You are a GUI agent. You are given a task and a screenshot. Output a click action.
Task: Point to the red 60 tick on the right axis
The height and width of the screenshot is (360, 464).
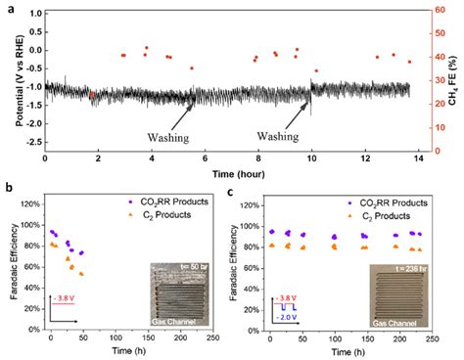(439, 13)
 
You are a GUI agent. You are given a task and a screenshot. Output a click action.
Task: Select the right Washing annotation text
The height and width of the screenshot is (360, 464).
(284, 138)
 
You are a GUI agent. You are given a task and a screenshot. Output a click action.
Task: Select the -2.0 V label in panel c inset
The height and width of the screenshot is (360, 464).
(286, 317)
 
